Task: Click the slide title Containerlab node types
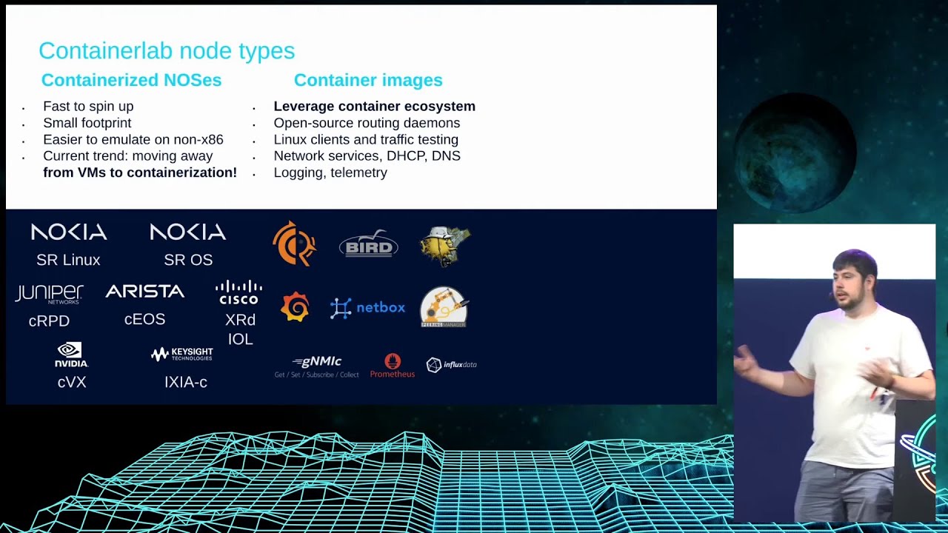click(167, 51)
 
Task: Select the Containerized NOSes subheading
click(131, 80)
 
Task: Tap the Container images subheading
click(368, 80)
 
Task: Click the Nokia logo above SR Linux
click(69, 232)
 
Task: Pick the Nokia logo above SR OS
click(188, 232)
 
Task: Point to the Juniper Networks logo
click(49, 294)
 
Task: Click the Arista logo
click(145, 292)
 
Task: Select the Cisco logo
click(238, 292)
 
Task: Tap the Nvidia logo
click(71, 355)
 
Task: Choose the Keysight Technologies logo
click(182, 354)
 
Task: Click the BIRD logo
click(368, 244)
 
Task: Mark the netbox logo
click(368, 307)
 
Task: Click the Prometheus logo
click(393, 366)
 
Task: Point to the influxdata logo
click(451, 364)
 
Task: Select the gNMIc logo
click(317, 366)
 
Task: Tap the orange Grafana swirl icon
click(295, 306)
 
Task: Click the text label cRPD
click(49, 321)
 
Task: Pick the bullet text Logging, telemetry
click(330, 172)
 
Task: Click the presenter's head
click(855, 276)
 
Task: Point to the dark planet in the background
click(794, 152)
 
